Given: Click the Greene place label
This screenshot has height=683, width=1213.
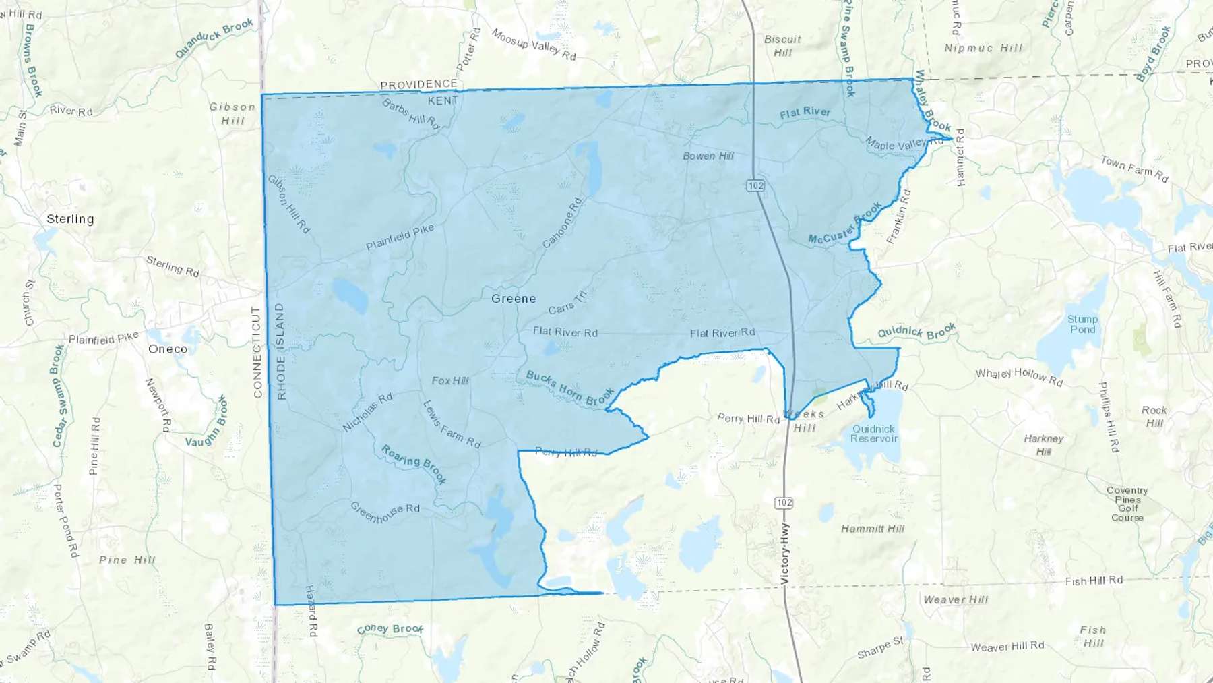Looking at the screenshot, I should tap(514, 299).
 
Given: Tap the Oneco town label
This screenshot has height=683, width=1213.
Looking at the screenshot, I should tap(168, 349).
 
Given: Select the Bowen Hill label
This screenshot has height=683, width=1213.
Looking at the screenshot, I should tap(708, 156).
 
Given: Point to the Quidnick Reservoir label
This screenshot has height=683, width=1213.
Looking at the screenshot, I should tap(873, 434).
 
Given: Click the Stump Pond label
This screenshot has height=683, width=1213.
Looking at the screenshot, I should tap(1082, 324).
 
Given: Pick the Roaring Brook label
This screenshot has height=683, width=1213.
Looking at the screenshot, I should tap(414, 464).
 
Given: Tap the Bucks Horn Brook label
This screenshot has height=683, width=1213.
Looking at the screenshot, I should tap(569, 388).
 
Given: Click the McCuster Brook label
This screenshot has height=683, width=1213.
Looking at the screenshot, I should tap(844, 225).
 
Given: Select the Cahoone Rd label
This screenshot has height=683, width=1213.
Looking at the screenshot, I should tap(562, 222).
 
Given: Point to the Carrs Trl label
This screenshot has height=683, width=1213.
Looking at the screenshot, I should tap(567, 303).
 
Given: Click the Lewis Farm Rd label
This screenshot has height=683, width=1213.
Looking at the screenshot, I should tap(452, 425).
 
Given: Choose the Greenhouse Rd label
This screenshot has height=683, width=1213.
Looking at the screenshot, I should tap(385, 512).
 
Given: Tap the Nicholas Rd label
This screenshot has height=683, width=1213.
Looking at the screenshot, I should tap(367, 412).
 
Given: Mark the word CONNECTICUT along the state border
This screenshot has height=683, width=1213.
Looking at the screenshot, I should tap(256, 352).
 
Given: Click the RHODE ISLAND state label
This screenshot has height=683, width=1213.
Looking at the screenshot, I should tap(280, 352).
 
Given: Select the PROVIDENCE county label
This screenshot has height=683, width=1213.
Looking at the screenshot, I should tap(418, 84).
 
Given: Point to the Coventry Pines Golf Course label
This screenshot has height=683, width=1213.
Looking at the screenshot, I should tap(1127, 504).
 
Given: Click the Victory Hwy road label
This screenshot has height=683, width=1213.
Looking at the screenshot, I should tap(784, 554).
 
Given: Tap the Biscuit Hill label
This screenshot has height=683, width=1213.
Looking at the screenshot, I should tap(782, 45).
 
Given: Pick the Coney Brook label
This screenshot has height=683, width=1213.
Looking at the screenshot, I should tap(390, 628).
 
